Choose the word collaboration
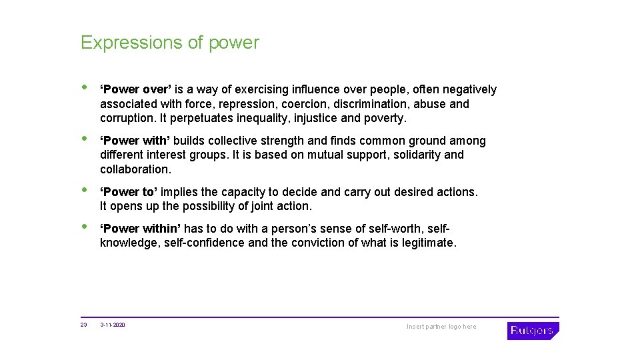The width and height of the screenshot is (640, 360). pos(135,169)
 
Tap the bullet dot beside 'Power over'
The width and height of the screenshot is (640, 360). pos(84,88)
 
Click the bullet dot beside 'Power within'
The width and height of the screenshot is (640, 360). pos(84,227)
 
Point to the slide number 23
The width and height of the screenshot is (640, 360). pos(84,325)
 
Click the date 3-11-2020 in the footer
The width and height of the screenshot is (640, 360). pos(113,325)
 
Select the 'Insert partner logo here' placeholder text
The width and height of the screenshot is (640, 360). pos(441,327)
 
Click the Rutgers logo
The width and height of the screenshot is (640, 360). pos(533,331)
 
